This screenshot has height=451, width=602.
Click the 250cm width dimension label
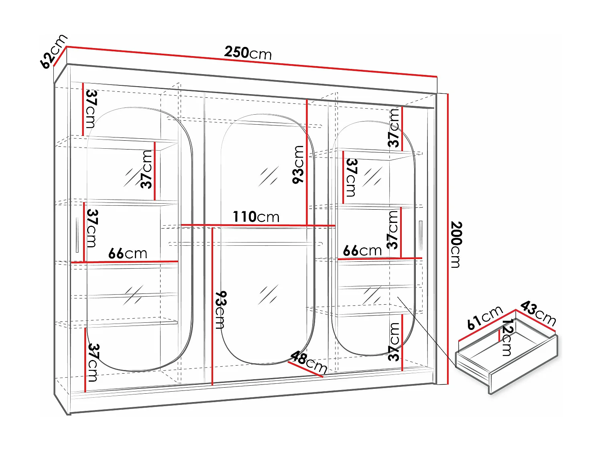pos(248,53)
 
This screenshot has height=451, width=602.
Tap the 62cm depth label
pos(53,51)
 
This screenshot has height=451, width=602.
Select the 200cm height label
pos(456,244)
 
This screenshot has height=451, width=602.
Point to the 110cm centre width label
pos(256,217)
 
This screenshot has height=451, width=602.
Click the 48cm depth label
pos(309,362)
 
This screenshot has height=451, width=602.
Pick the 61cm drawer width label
pos(485,317)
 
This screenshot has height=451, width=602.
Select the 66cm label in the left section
pos(128,253)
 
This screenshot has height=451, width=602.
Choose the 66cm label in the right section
pos(362,251)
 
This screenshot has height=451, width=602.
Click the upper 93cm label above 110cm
pos(299,164)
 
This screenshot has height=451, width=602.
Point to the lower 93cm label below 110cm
pos(221,310)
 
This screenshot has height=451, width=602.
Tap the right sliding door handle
pos(421,235)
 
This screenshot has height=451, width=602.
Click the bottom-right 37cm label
pos(395,342)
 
